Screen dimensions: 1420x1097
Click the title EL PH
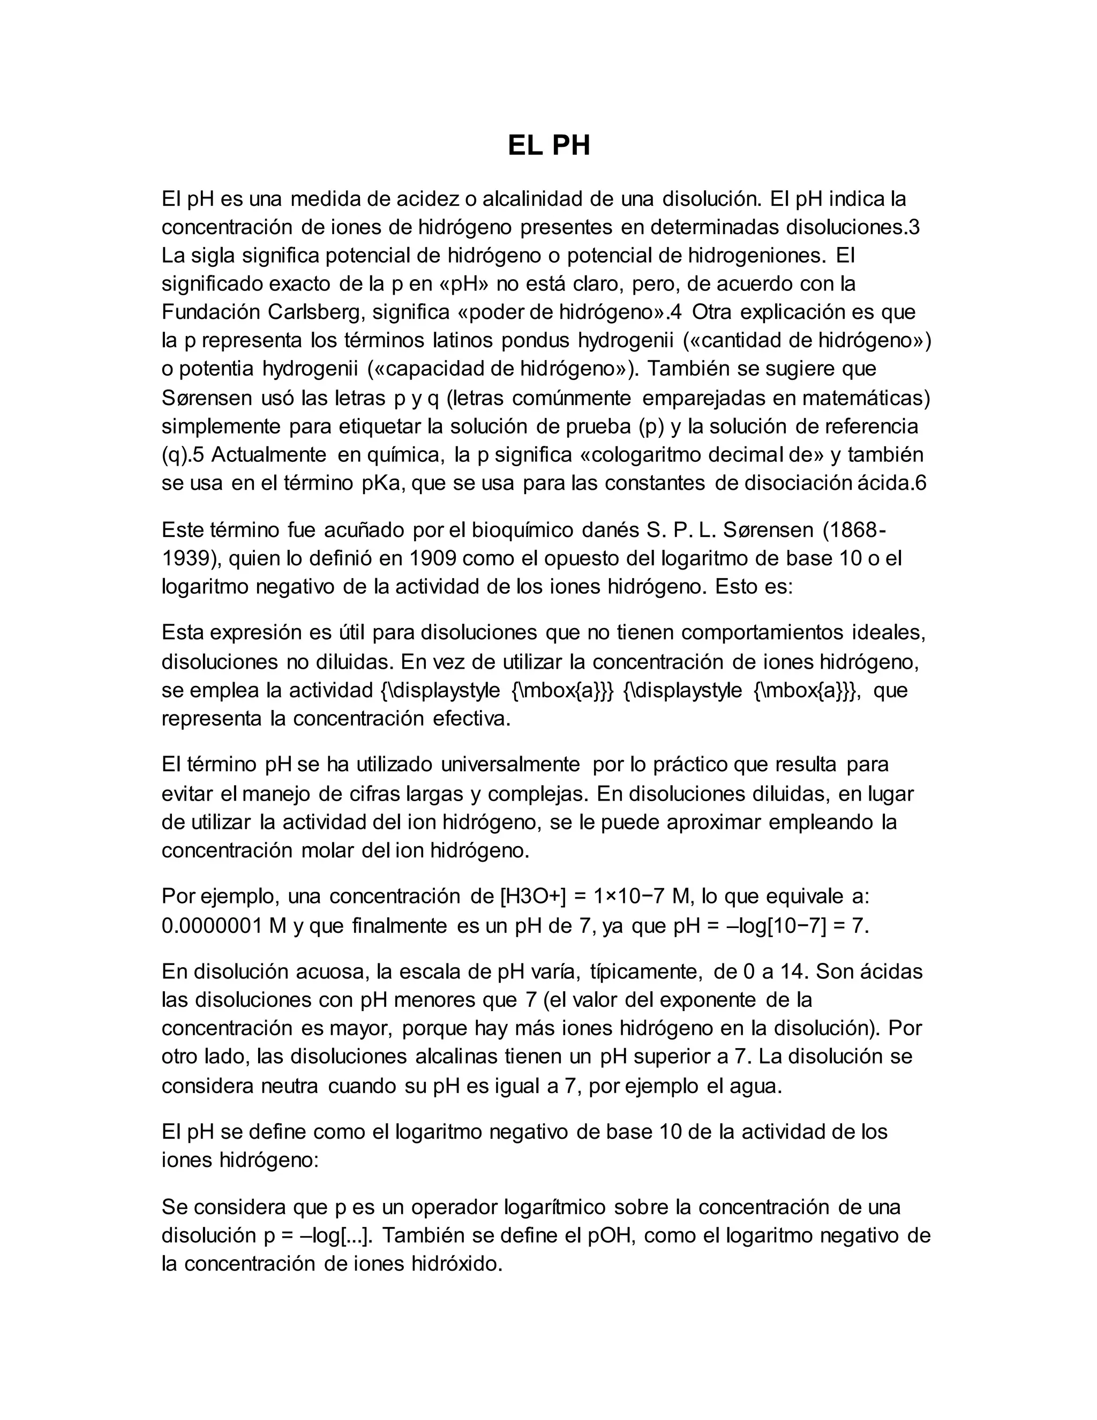(548, 146)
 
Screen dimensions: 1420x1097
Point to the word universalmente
(510, 765)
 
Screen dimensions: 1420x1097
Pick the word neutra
(289, 1086)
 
